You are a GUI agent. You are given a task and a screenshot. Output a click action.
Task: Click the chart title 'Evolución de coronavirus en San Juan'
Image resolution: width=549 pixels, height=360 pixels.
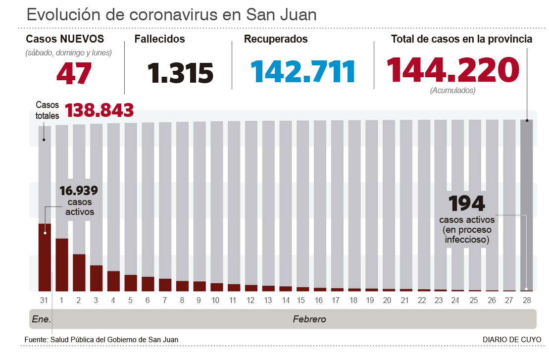point(171,14)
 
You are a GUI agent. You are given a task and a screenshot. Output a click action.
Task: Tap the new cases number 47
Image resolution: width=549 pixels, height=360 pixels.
point(74,72)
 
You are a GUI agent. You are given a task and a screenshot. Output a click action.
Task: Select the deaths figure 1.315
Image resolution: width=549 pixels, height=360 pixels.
point(181,72)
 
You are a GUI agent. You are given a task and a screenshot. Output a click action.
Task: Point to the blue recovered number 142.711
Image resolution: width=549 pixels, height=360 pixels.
point(303,71)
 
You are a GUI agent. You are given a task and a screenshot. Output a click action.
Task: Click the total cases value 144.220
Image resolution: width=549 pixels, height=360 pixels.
point(453,70)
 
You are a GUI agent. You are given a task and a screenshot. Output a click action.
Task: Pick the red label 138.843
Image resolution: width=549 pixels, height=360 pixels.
point(100,110)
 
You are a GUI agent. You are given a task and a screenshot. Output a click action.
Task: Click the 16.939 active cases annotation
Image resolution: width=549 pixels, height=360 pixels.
point(78,191)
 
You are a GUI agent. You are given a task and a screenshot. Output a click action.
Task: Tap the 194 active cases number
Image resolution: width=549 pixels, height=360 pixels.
point(466,204)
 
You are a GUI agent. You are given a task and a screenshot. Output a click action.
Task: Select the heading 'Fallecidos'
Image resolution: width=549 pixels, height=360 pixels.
point(159,39)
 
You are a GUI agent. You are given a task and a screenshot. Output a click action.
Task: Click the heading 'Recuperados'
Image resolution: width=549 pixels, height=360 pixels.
point(276,39)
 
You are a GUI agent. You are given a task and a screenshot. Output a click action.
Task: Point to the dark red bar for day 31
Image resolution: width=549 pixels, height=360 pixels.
point(45,257)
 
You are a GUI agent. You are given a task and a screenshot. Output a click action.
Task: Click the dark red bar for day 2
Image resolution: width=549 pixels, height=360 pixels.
point(79,272)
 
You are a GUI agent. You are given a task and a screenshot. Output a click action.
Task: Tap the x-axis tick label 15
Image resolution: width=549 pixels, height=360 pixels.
point(301,300)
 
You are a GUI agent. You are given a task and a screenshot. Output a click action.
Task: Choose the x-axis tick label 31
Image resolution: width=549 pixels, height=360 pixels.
point(45,300)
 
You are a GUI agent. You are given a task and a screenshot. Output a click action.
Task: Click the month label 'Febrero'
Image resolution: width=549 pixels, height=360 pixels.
point(309,319)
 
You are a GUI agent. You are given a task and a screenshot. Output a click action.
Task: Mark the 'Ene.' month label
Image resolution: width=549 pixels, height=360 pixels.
point(42,319)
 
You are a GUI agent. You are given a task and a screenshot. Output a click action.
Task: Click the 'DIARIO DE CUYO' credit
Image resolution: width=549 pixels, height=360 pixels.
point(512,339)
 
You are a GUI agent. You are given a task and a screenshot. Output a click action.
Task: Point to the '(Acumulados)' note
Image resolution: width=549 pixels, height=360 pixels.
point(452,91)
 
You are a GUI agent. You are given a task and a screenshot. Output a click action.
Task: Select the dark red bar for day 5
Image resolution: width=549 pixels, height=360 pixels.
point(131,282)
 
